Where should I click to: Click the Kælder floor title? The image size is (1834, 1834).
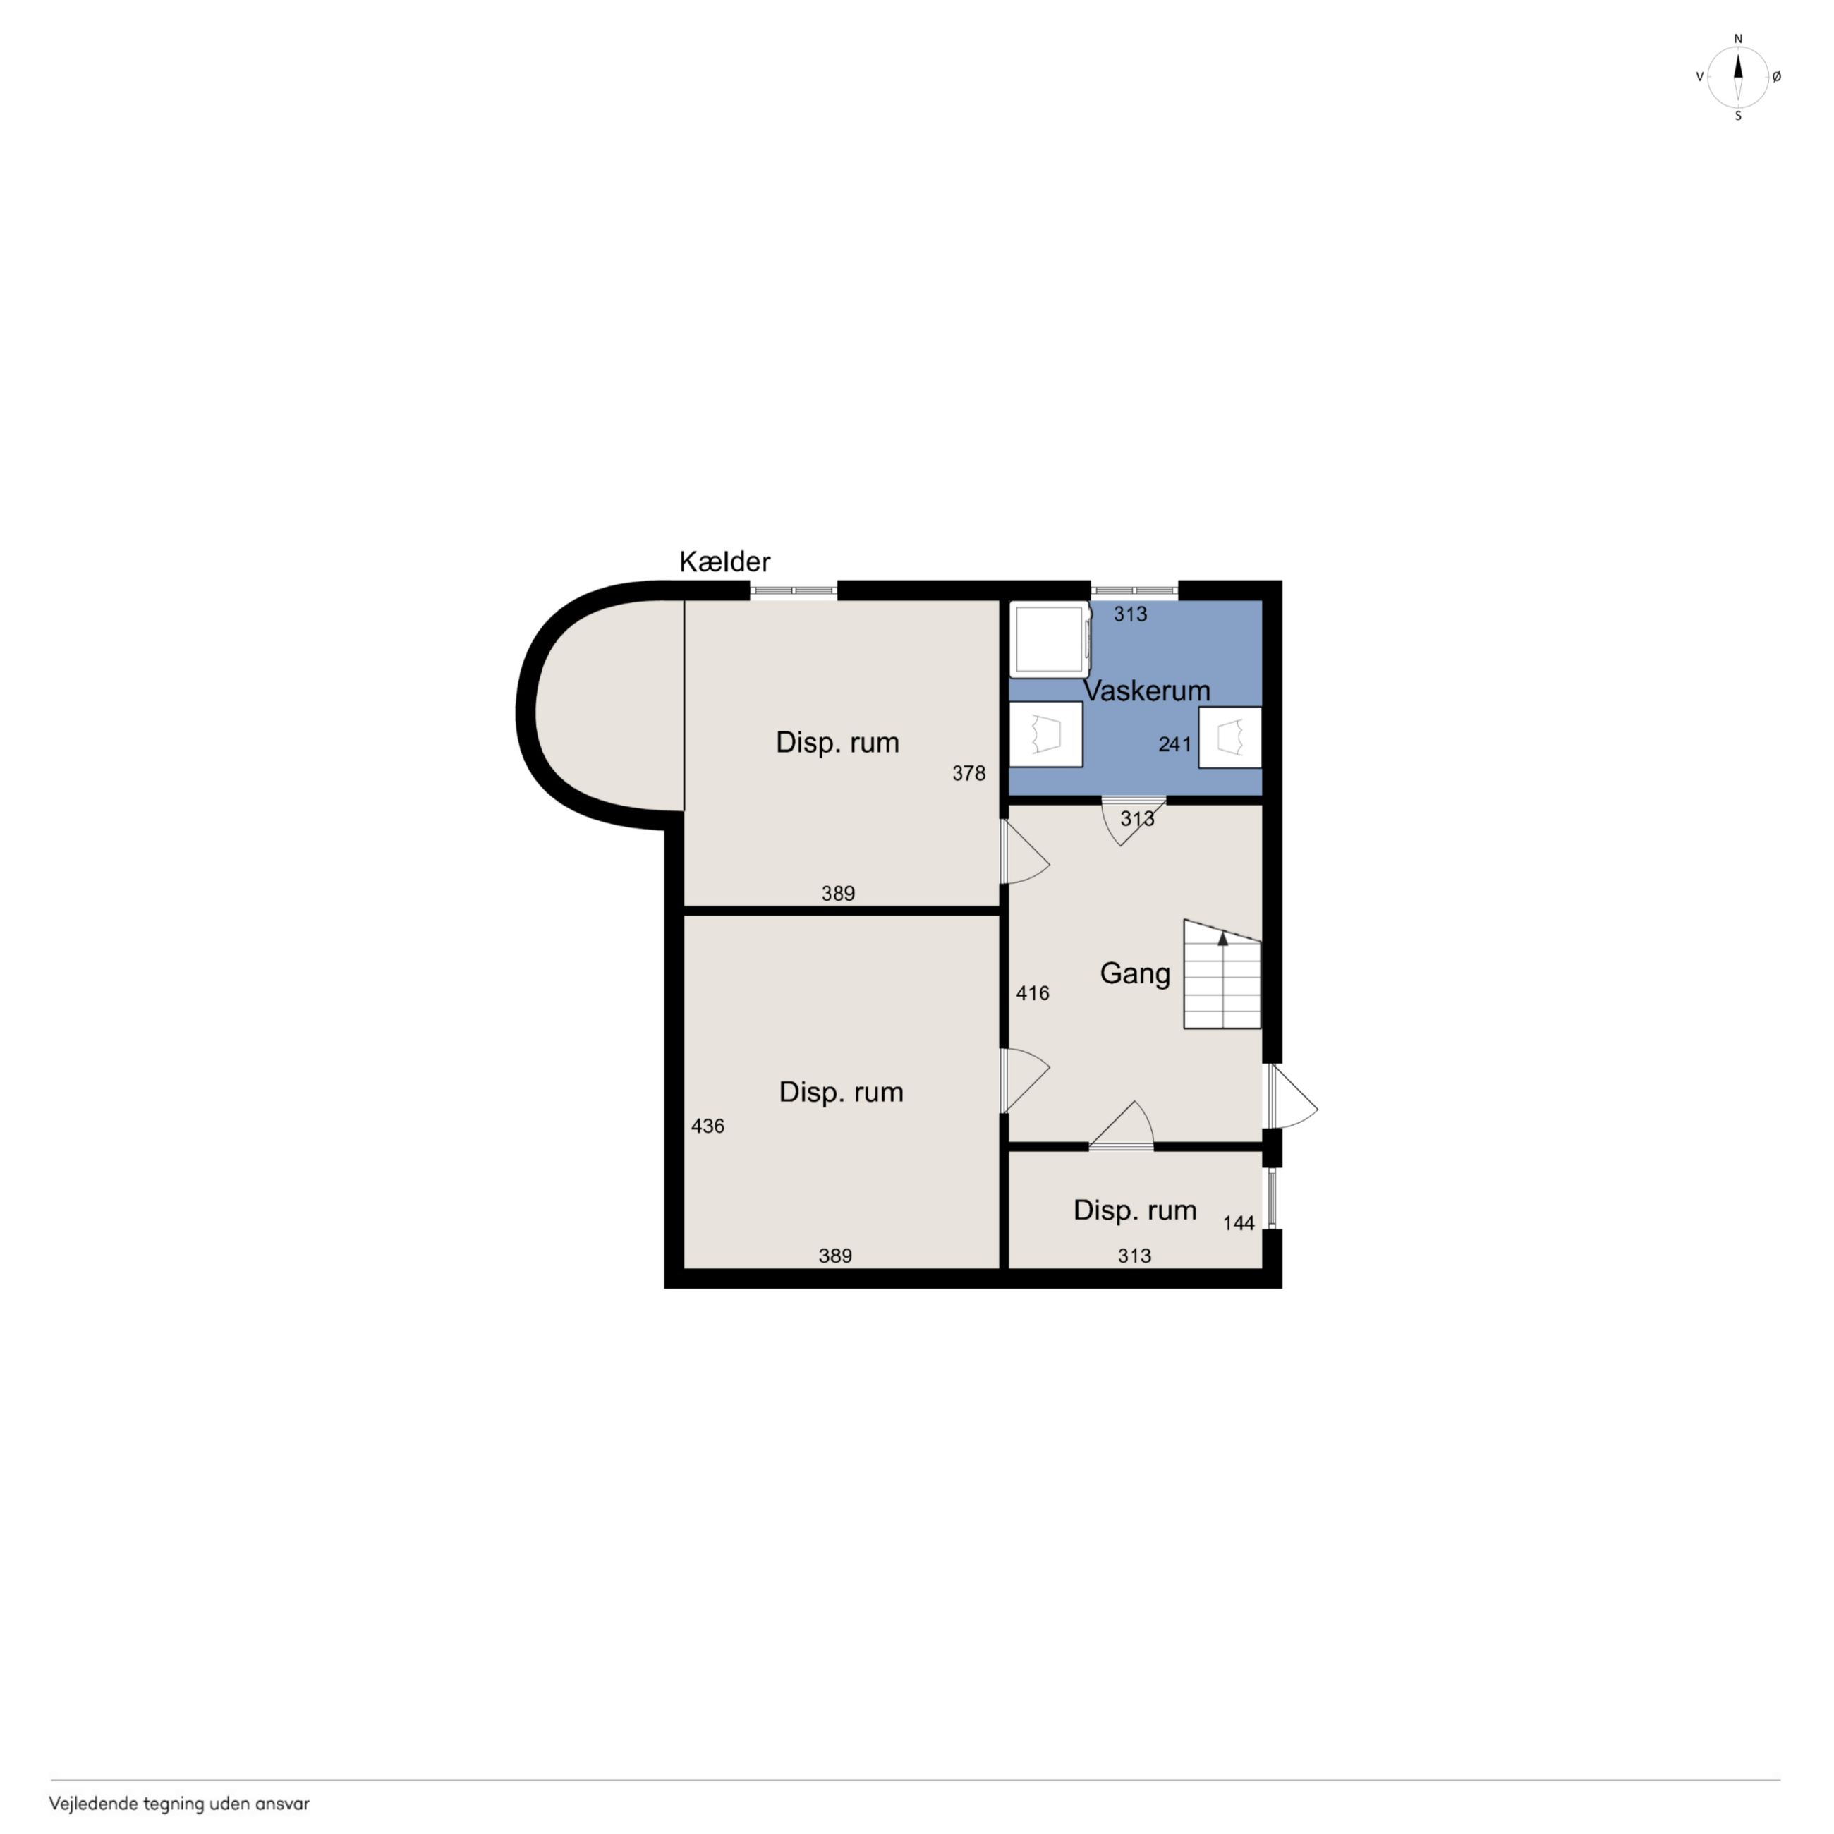click(724, 562)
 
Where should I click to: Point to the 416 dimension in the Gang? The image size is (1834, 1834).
click(1033, 993)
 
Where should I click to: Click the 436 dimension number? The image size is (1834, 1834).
click(708, 1126)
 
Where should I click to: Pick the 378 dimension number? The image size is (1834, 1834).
click(969, 774)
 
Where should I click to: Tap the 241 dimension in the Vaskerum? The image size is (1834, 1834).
click(1174, 744)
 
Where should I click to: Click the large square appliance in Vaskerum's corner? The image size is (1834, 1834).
click(1049, 639)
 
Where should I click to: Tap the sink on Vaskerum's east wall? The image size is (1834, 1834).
click(1230, 738)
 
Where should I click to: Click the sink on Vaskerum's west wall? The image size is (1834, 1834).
click(1045, 734)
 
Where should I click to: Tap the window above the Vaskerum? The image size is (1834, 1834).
click(1134, 590)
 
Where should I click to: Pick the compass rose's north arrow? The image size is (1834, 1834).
click(1738, 66)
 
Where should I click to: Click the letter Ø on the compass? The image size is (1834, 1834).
click(1777, 77)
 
